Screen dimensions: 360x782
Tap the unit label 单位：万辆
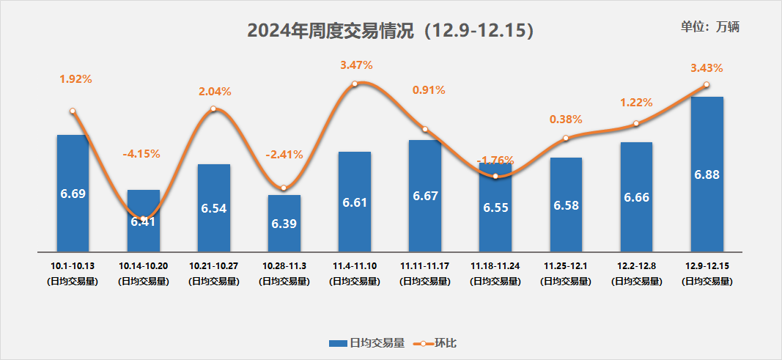710,27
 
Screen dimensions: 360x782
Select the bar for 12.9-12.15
707,173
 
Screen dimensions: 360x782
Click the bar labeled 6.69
73,192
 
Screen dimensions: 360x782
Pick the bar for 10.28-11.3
284,222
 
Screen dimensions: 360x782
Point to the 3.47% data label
356,65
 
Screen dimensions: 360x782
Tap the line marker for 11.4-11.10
355,84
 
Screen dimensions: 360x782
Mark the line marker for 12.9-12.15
707,84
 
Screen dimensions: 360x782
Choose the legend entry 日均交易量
367,342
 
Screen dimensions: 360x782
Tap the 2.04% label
215,92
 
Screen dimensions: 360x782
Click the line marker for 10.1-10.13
73,111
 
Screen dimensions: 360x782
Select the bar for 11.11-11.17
425,195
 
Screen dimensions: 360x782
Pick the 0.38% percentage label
566,119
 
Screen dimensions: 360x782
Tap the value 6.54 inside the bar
214,208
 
